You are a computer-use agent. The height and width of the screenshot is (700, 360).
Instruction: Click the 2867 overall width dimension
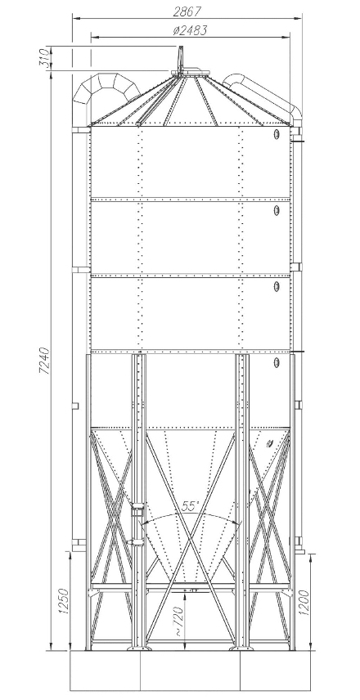pyautogui.click(x=187, y=11)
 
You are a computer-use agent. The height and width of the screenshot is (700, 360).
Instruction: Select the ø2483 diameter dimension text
pyautogui.click(x=190, y=30)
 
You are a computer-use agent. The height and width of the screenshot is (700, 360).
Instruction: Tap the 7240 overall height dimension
pyautogui.click(x=46, y=360)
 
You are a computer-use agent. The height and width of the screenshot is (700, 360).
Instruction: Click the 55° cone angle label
pyautogui.click(x=191, y=506)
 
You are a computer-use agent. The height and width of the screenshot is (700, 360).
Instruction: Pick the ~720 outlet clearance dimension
pyautogui.click(x=178, y=621)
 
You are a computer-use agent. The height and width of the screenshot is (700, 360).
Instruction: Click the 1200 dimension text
pyautogui.click(x=304, y=603)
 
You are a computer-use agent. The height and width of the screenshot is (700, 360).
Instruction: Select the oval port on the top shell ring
pyautogui.click(x=277, y=134)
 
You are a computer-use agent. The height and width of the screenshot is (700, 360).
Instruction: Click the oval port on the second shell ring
pyautogui.click(x=277, y=210)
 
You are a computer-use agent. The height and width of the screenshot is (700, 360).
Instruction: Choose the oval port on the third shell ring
pyautogui.click(x=277, y=286)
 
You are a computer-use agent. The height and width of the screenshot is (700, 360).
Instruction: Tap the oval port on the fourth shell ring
pyautogui.click(x=277, y=362)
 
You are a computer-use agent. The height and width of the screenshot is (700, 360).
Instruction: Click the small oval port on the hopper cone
pyautogui.click(x=269, y=443)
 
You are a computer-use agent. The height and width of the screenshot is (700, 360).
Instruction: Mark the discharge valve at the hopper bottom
pyautogui.click(x=191, y=590)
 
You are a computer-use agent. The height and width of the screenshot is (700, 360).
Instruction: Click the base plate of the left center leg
pyautogui.click(x=138, y=648)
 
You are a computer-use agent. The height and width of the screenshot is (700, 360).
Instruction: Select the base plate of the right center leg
pyautogui.click(x=241, y=648)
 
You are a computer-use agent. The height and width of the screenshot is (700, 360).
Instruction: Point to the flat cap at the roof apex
pyautogui.click(x=191, y=71)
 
